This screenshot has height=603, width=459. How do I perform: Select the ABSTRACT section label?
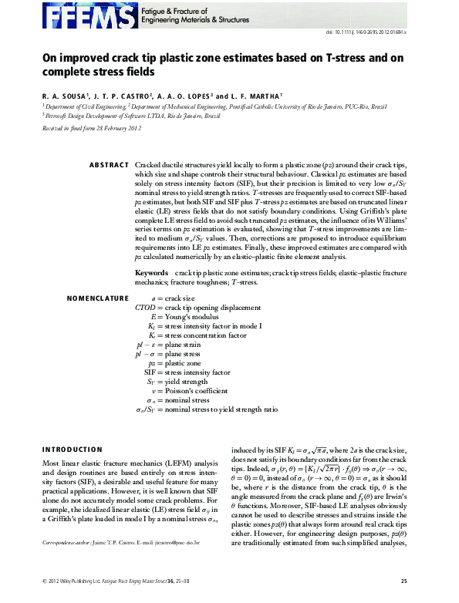point(109,166)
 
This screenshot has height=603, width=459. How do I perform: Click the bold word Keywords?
point(151,273)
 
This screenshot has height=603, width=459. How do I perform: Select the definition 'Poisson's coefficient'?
point(197,391)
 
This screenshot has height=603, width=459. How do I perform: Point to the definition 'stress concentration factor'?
point(205,335)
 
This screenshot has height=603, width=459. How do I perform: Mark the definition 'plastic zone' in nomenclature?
point(182,362)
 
